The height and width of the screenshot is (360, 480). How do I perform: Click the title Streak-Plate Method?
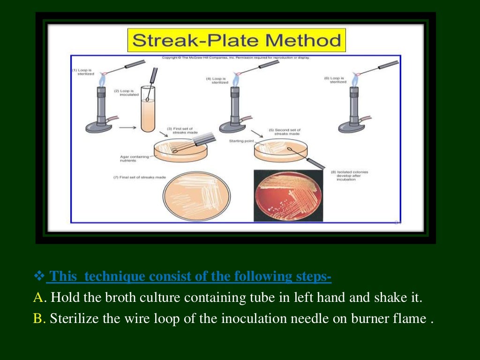click(x=236, y=40)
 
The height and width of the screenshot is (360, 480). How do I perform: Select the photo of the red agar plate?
click(x=288, y=195)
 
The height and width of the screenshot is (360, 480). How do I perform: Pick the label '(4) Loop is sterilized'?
click(x=217, y=80)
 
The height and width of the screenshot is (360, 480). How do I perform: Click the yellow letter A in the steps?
click(x=38, y=297)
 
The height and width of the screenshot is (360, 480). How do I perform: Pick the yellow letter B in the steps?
click(x=38, y=319)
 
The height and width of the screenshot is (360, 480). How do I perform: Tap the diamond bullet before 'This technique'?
click(x=39, y=276)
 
